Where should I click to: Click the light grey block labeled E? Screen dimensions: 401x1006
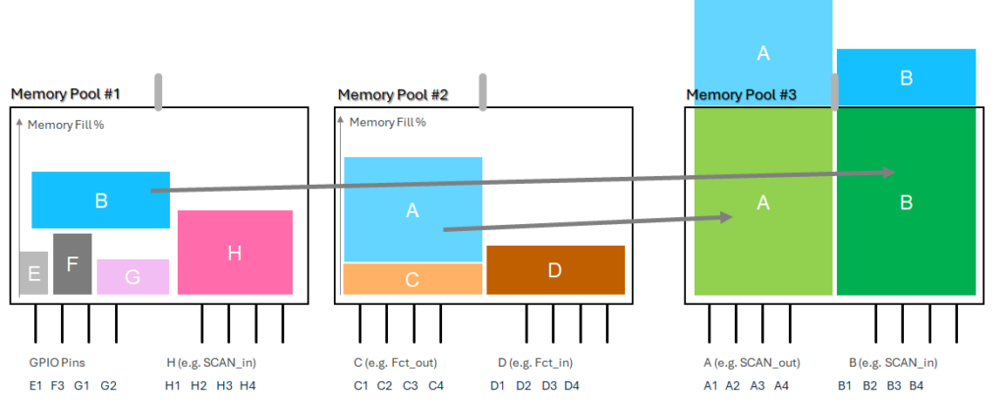coord(33,272)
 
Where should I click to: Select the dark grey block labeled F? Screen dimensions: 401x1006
coord(72,263)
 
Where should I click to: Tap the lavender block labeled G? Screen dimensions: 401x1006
coord(133,276)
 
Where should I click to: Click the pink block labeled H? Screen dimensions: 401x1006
coord(235,253)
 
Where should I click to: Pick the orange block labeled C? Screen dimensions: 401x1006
coord(413,278)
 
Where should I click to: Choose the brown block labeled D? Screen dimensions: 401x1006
coord(555,270)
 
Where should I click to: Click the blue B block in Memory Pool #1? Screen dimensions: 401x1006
coord(100,200)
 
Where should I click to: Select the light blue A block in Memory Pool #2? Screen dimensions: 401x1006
coord(413,209)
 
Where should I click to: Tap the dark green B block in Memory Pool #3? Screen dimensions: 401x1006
coord(906,201)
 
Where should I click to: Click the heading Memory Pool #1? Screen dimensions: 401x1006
coord(65,94)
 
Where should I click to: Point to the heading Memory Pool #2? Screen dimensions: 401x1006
coord(393,95)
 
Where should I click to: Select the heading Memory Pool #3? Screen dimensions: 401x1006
coord(741,95)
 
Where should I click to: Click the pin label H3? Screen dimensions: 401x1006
coord(224,385)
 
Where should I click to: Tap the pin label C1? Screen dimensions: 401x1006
coord(361,385)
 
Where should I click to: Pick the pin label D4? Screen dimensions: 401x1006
coord(572,385)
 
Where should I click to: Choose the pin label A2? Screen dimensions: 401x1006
coord(733,385)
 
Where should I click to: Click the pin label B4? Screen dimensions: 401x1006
coord(917,385)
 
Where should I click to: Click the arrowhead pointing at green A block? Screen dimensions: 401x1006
coord(727,216)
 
